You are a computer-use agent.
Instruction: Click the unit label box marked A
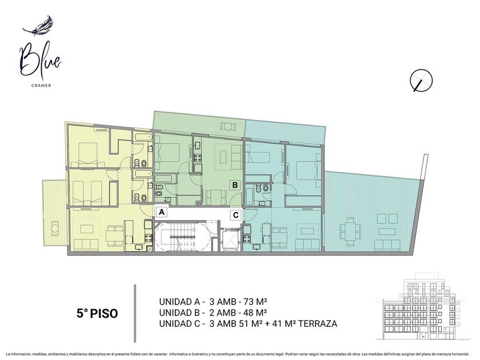pos(162,211)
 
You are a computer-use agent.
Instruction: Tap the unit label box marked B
pos(235,185)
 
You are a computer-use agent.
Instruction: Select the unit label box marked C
pos(235,215)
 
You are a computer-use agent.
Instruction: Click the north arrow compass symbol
pos(421,81)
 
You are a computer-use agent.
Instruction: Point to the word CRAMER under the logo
pos(41,85)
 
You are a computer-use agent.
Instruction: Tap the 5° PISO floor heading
pos(97,313)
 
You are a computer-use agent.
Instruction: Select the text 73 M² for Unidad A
pos(255,302)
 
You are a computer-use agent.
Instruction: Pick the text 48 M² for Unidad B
pos(255,313)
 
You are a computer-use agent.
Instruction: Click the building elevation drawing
pos(423,306)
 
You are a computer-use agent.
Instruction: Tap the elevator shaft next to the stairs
pos(230,239)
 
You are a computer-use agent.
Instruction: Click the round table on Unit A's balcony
pos(55,229)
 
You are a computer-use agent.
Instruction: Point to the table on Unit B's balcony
pos(227,126)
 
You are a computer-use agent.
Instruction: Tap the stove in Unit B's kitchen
pos(198,158)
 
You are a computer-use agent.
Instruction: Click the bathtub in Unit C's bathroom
pos(249,197)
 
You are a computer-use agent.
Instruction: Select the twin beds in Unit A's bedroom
pos(87,193)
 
